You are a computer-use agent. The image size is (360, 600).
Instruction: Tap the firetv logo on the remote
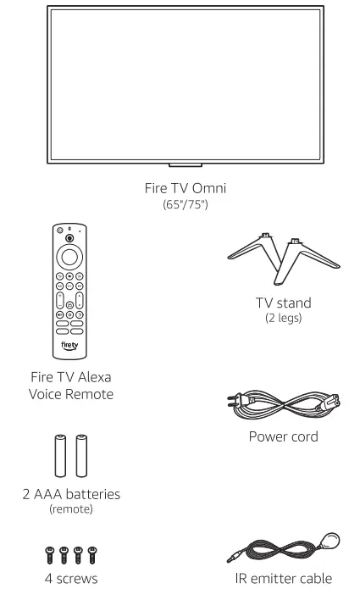pos(70,347)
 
